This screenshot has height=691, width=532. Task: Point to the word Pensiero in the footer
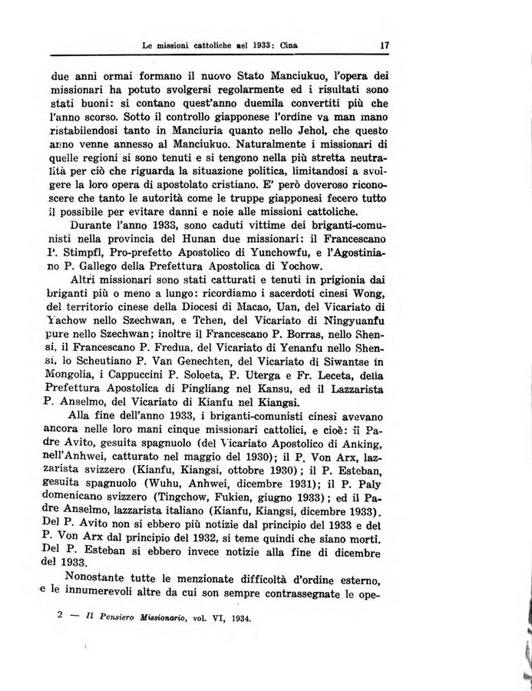click(x=110, y=617)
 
